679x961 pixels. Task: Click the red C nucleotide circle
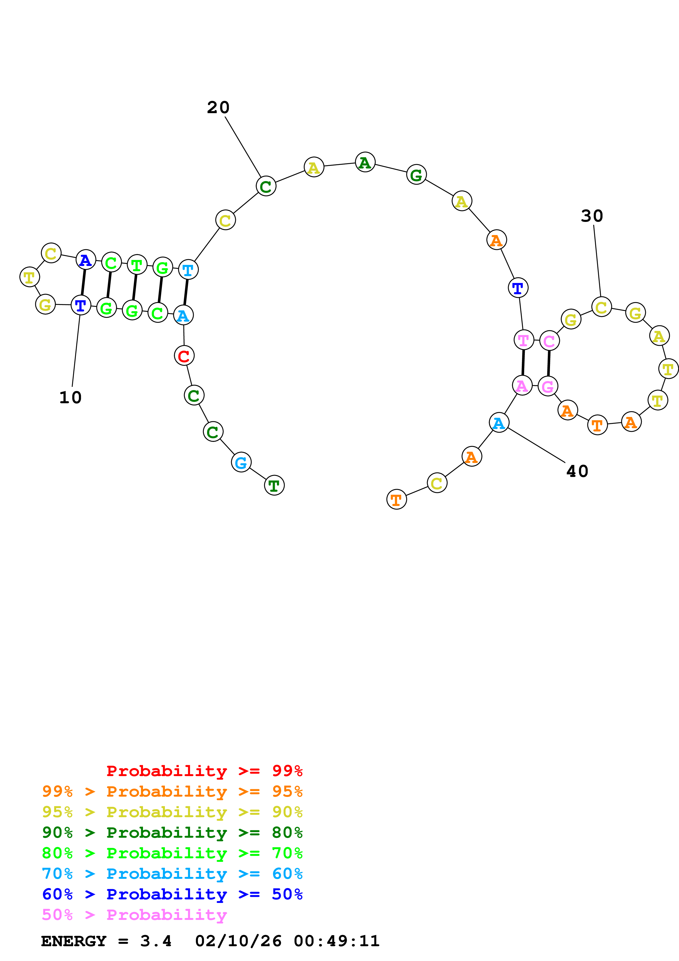tap(184, 356)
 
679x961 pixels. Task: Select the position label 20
tap(218, 108)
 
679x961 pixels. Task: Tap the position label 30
tap(592, 216)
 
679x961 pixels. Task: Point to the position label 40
tap(577, 471)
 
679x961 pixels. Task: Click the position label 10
tap(70, 397)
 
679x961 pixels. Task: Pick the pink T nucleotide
tap(523, 340)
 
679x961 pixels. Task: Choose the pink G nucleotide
tap(548, 386)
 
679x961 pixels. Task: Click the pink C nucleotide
tap(549, 341)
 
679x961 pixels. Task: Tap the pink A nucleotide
tap(522, 385)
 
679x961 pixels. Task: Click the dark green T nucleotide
tap(274, 485)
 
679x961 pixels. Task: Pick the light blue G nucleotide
tap(241, 462)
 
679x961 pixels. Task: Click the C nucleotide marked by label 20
tap(266, 186)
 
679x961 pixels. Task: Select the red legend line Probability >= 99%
tap(204, 771)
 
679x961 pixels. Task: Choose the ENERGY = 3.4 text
tap(106, 941)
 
